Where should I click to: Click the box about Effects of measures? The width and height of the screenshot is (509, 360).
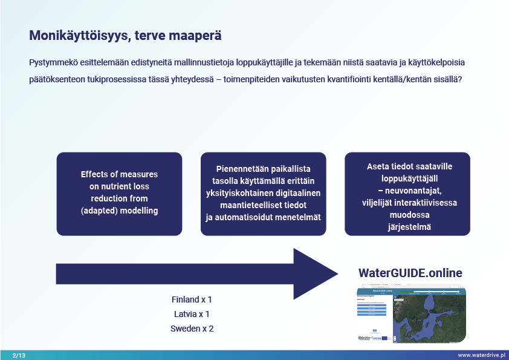119,194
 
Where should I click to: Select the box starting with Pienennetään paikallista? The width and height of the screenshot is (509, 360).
263,194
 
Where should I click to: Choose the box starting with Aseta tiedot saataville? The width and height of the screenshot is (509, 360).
407,194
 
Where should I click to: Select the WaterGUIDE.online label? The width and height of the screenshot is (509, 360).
410,273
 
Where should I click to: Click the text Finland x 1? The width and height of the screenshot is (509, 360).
192,299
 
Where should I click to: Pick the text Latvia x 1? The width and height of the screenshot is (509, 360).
192,314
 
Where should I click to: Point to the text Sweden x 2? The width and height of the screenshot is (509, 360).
192,329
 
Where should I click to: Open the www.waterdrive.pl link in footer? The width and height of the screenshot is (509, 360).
481,355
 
